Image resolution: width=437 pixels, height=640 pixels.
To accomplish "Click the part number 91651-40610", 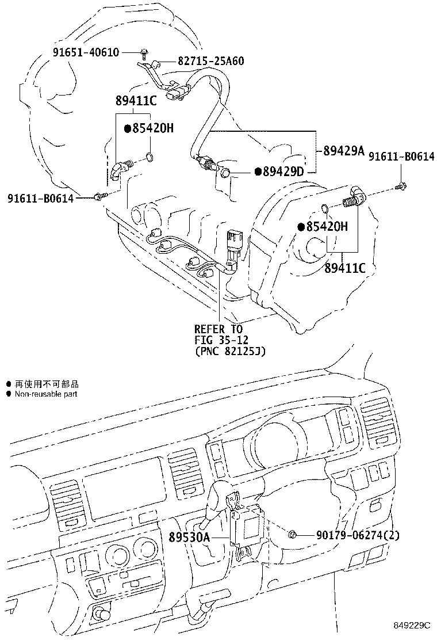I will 86,52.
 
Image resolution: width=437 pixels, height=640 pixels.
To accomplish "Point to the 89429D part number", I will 283,172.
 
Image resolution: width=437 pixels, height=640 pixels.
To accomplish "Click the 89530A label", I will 190,537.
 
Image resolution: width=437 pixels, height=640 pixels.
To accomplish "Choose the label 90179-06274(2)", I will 358,535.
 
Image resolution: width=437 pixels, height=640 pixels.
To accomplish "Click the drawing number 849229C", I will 412,624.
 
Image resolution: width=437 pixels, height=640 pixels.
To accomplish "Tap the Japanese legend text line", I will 46,383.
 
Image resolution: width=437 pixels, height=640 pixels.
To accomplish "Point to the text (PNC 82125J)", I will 229,350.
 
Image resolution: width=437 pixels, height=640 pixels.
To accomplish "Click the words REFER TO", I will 218,329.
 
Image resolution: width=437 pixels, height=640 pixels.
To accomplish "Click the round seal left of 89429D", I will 226,172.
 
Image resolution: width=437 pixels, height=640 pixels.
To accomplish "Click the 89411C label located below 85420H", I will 345,268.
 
